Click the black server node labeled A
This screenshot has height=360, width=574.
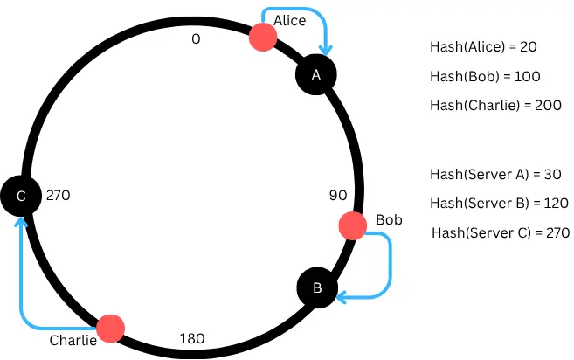coord(316,75)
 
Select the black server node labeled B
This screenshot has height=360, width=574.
coord(318,287)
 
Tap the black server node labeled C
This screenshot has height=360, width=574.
coord(20,197)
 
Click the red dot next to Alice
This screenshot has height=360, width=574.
coord(263,37)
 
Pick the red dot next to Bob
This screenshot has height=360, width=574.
coord(352,225)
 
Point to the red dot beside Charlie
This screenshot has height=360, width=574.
coord(110,329)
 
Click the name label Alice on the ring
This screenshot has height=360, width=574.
coord(290,19)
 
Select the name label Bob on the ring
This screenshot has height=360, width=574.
coord(389,218)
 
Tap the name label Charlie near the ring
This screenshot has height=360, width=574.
coord(73,340)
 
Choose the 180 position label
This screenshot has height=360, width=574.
coord(191,337)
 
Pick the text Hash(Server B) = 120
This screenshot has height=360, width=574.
coord(500,203)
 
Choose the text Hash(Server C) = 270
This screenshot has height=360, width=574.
coord(502,233)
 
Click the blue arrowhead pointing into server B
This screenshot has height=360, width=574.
coord(343,298)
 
